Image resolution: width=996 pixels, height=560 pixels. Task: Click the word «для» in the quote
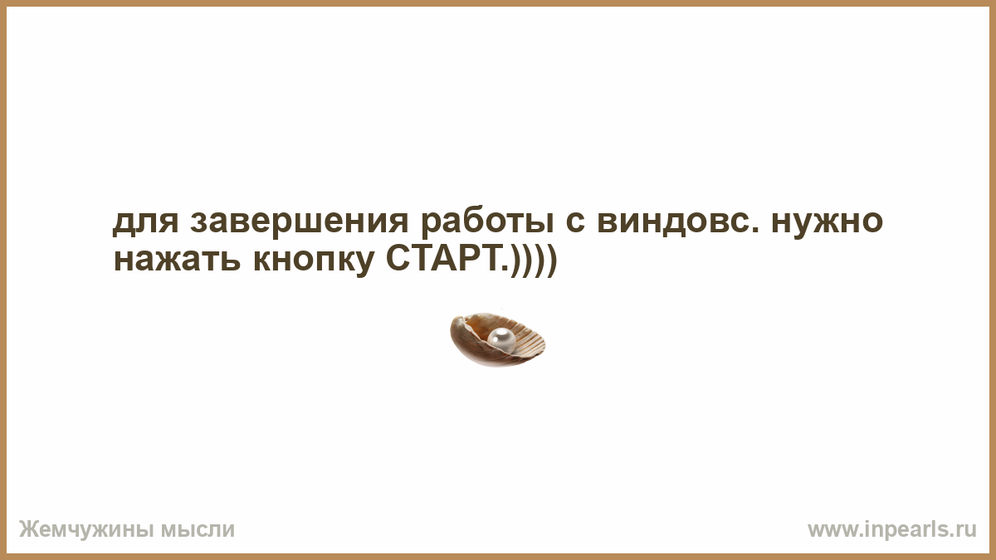tap(146, 222)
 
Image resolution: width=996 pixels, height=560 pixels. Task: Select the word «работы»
tap(487, 223)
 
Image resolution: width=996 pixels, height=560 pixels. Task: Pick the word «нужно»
tap(827, 224)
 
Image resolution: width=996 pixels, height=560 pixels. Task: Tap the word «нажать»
tap(178, 260)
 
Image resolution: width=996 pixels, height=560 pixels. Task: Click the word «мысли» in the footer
tap(198, 530)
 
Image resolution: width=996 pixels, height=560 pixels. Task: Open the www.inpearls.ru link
tap(892, 530)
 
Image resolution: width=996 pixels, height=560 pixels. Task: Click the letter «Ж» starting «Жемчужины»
tap(29, 529)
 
